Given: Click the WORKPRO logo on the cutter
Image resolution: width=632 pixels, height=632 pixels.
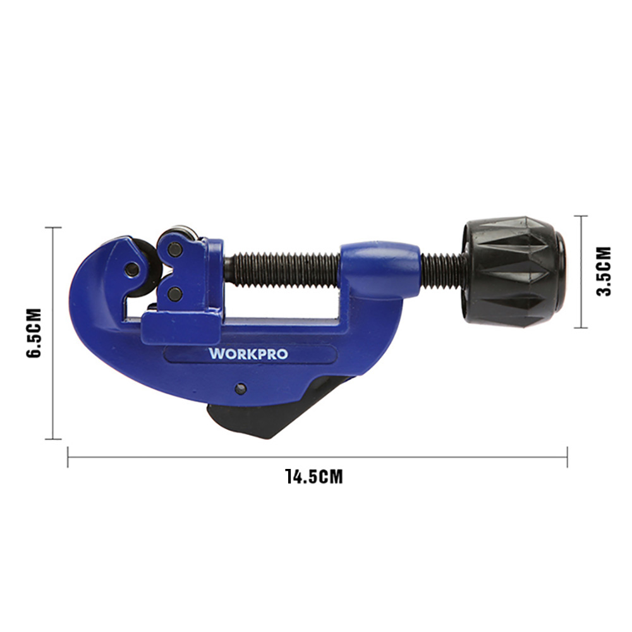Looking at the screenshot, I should click(x=248, y=353).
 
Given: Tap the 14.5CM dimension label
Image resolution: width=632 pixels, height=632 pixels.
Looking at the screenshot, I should click(x=313, y=476).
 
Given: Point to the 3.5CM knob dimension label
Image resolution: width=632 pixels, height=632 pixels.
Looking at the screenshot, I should click(x=604, y=271).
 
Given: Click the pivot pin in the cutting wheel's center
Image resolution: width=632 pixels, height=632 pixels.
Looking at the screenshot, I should click(x=131, y=270).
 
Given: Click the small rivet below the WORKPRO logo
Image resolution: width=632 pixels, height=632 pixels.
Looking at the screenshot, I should click(x=241, y=388).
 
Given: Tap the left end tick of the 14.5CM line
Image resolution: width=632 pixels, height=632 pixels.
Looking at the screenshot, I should click(x=68, y=457).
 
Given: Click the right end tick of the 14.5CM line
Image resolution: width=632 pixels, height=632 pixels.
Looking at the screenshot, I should click(x=567, y=457).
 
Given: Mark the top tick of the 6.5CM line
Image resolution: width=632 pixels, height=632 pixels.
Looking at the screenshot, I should click(x=53, y=228).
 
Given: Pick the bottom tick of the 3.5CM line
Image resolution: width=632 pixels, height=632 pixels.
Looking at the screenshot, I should click(x=581, y=327).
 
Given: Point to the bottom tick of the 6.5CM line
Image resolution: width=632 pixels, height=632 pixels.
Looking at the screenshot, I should click(x=53, y=439).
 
